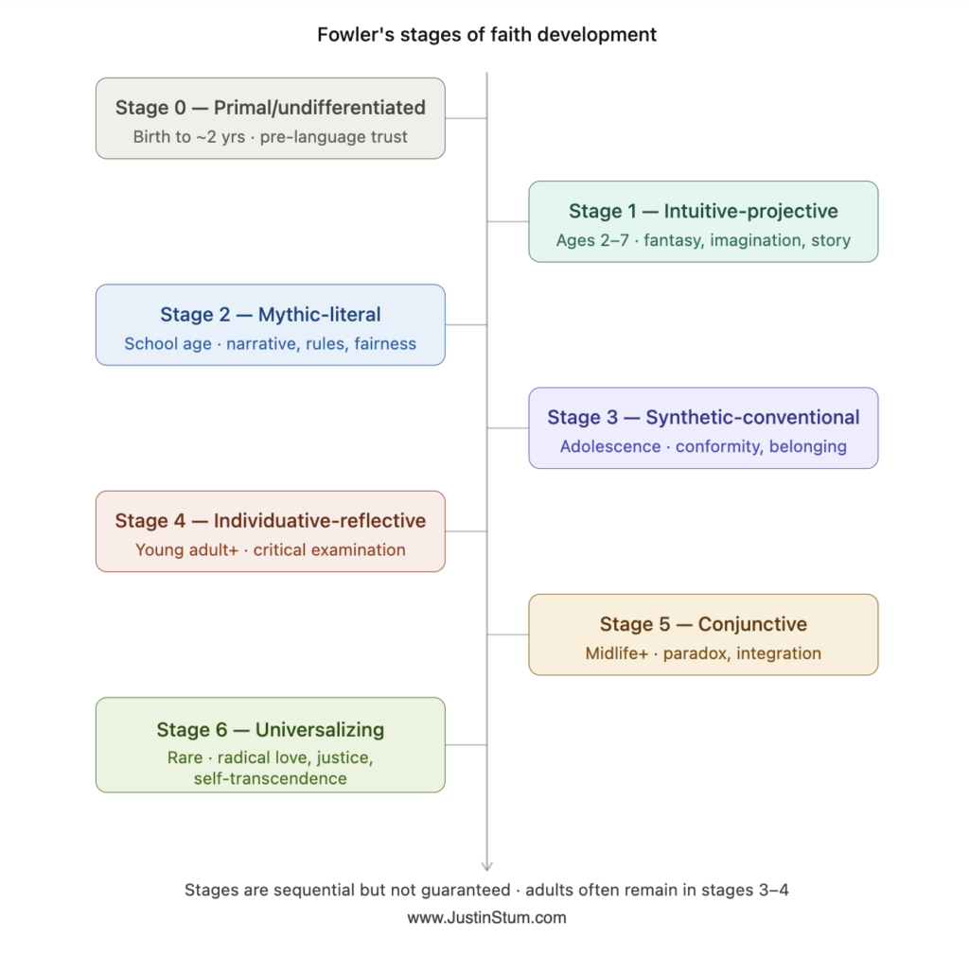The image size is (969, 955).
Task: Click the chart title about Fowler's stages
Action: coord(486,35)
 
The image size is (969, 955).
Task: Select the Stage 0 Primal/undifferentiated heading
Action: coord(270,108)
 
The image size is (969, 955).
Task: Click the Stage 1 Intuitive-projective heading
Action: coord(703,211)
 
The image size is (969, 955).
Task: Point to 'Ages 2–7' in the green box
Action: coord(592,240)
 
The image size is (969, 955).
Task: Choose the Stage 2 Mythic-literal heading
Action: coord(270,315)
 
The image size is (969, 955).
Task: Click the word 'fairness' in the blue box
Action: coord(385,344)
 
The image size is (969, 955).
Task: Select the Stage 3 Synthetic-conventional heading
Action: coord(703,418)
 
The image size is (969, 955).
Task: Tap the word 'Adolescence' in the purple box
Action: coord(610,446)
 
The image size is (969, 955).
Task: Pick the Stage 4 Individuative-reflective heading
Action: coord(270,521)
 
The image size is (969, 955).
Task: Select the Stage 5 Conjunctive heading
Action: coord(703,624)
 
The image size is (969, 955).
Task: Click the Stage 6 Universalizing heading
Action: coord(270,730)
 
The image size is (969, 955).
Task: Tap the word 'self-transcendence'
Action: coord(270,779)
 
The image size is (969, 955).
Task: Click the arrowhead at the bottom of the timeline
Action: coord(487,865)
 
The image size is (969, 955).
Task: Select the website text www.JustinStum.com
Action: coord(486,918)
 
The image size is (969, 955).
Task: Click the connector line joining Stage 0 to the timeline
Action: coord(466,118)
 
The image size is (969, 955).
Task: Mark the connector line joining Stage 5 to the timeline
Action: coord(508,634)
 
